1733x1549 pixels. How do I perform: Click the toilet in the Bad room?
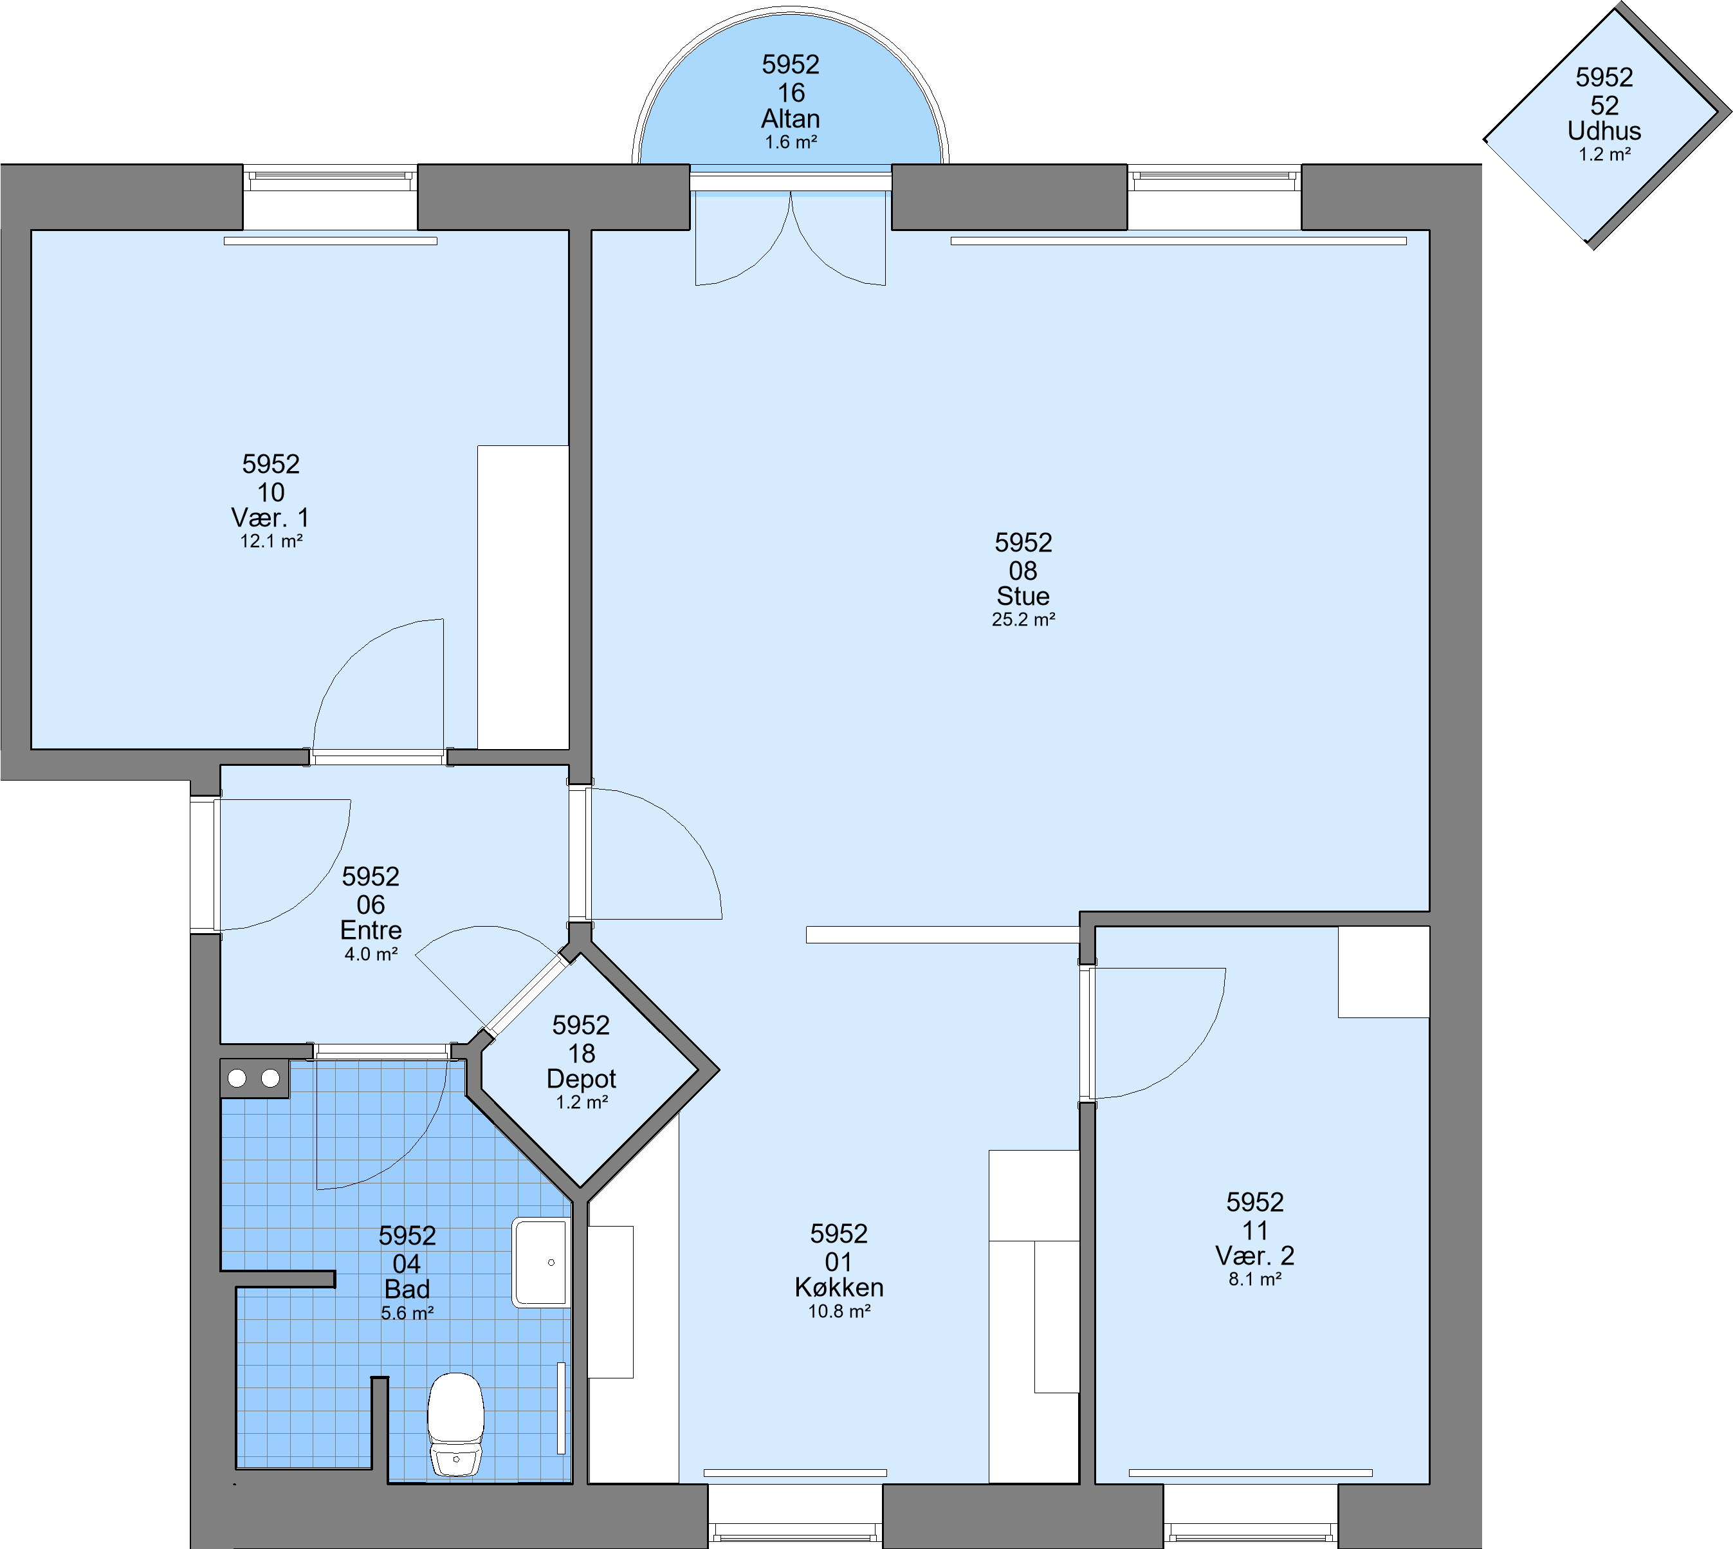tap(455, 1425)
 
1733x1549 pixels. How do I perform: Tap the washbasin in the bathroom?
tap(540, 1262)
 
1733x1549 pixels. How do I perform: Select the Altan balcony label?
tap(791, 118)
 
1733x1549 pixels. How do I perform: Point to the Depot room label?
tap(581, 1079)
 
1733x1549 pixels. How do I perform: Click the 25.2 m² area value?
tap(1023, 620)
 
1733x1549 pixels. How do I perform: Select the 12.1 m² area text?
tap(271, 541)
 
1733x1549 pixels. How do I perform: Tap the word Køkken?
tap(839, 1287)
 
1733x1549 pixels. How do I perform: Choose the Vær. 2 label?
tap(1255, 1256)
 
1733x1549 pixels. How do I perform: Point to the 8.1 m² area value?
tap(1255, 1279)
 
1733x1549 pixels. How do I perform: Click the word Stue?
tap(1023, 596)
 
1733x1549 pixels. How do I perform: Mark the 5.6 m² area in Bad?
tap(407, 1313)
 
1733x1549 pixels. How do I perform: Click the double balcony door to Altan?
tap(791, 237)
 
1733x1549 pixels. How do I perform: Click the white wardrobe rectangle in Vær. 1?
tap(522, 597)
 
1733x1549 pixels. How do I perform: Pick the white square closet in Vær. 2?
tap(1383, 971)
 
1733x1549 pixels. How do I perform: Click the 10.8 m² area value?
tap(839, 1312)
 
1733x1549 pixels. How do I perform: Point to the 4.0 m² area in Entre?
tap(371, 954)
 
